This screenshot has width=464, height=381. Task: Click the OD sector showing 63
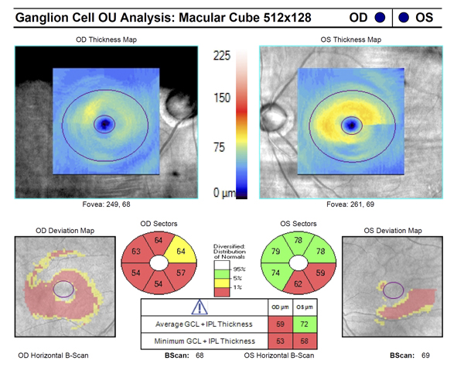(137, 252)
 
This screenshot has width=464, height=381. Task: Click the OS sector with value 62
(275, 284)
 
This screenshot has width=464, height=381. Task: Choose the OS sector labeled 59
(298, 273)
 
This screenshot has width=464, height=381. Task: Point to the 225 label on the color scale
(223, 55)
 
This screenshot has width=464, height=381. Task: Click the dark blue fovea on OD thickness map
(104, 123)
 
